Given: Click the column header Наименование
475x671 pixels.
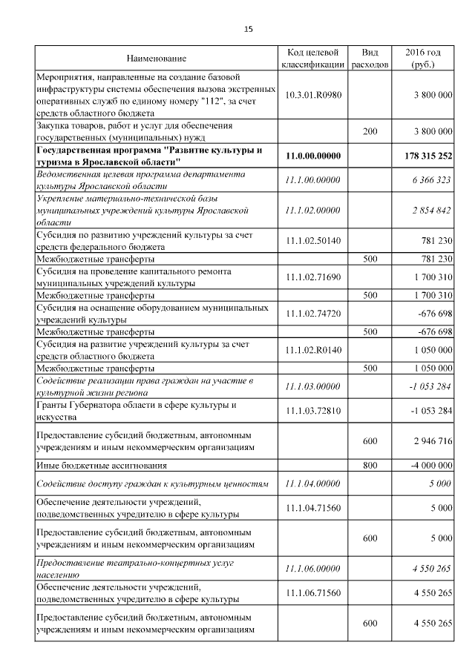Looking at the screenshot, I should pyautogui.click(x=156, y=58).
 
